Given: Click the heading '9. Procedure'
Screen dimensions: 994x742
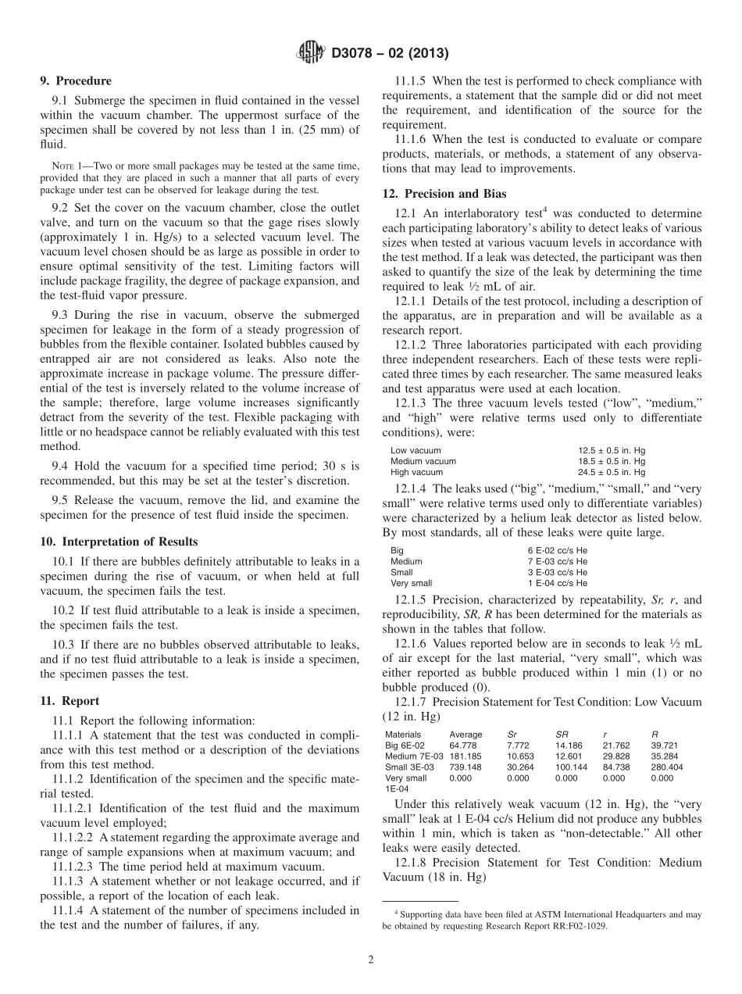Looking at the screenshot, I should (76, 80).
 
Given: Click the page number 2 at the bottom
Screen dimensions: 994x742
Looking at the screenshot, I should (371, 960).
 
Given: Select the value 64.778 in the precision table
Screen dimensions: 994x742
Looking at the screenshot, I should (463, 745).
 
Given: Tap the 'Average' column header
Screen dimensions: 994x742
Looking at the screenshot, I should (466, 735).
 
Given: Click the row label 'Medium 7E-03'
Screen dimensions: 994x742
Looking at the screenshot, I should (412, 756).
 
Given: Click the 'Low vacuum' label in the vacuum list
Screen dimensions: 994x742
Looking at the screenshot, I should (416, 451).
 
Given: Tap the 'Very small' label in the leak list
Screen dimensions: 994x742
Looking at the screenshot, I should (410, 583).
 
